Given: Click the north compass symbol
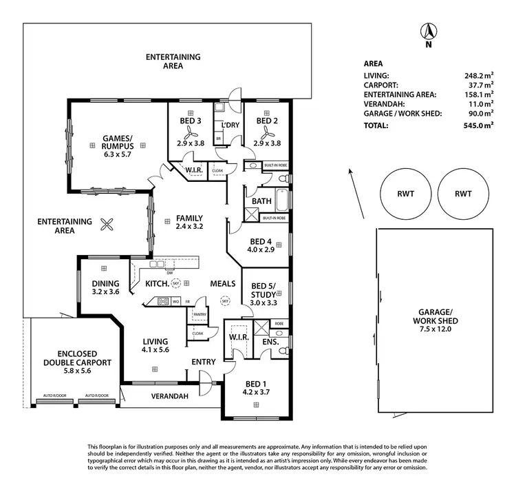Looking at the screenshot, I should point(428,33).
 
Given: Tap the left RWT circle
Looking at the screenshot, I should point(406,194).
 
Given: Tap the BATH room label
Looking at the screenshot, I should point(261,201).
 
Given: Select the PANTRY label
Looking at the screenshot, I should point(200,314).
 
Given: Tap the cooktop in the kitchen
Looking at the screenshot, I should point(164,301).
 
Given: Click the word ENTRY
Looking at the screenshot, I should point(204,362).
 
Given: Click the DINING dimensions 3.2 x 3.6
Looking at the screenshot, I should point(105,292).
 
